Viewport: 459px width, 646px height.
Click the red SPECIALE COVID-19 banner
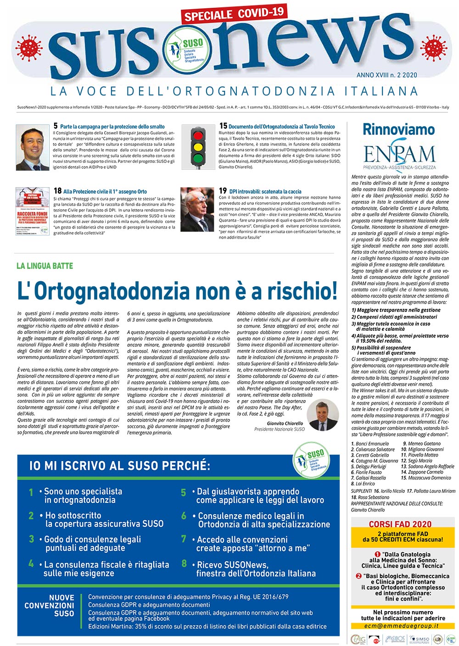234,13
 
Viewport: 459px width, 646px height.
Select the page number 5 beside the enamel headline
56,126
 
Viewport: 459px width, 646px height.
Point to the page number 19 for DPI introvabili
223,191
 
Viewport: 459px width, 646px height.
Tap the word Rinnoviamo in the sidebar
398,130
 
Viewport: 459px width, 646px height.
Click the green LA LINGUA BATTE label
45,266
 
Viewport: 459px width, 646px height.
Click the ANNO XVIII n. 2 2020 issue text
386,75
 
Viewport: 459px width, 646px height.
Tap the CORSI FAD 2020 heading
400,524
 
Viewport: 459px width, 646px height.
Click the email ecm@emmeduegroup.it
401,625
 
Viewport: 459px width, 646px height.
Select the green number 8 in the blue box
184,563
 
